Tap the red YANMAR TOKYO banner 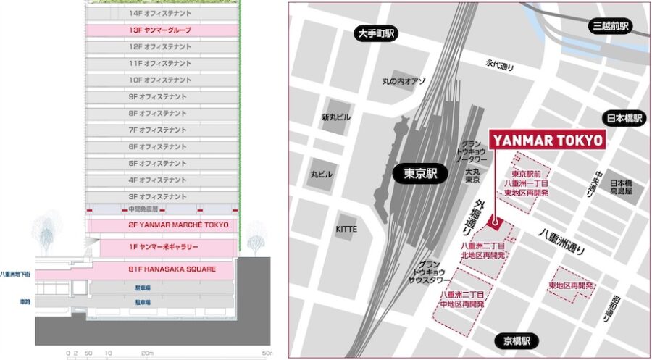click(548, 141)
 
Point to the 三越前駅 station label click(611, 26)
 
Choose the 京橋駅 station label click(517, 341)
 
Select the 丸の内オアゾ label click(404, 82)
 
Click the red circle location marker click(495, 221)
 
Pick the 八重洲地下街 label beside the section click(17, 274)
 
